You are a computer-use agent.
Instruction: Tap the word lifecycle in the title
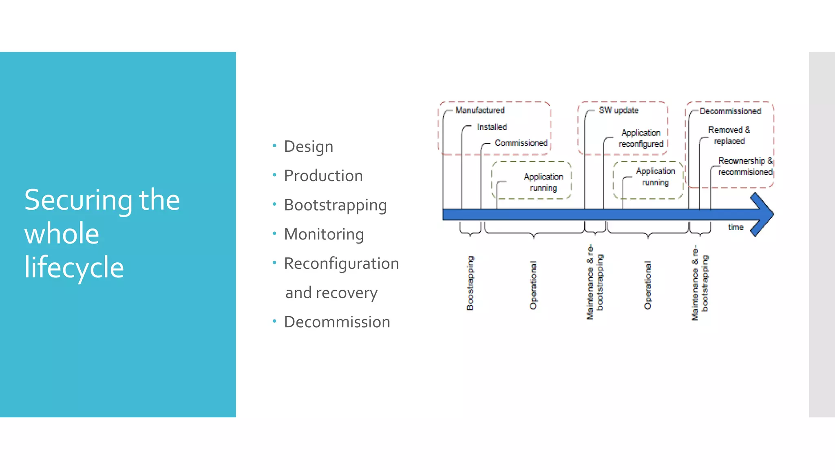coord(74,267)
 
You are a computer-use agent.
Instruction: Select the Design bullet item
coord(308,146)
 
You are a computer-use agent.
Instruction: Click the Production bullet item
coord(323,176)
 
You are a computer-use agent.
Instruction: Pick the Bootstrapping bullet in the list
coord(335,205)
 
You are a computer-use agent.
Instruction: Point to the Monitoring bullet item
coord(324,234)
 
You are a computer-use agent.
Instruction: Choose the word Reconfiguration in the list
coord(341,264)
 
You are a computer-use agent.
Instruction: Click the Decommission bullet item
coord(337,322)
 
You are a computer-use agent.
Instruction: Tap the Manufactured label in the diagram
coord(479,110)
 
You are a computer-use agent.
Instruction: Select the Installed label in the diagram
coord(492,127)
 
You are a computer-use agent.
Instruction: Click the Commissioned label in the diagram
coord(521,143)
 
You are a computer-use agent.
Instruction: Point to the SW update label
coord(618,110)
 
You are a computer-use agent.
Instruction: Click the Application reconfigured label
coord(641,138)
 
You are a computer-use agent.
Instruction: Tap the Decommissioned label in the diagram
coord(730,111)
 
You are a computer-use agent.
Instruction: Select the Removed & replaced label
coord(729,135)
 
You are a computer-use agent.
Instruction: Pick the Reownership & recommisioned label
coord(745,166)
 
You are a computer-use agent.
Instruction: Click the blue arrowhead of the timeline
coord(762,214)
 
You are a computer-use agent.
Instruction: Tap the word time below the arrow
coord(736,227)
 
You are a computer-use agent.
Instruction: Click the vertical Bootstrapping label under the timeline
coord(470,283)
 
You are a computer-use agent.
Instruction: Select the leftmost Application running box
coord(532,180)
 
